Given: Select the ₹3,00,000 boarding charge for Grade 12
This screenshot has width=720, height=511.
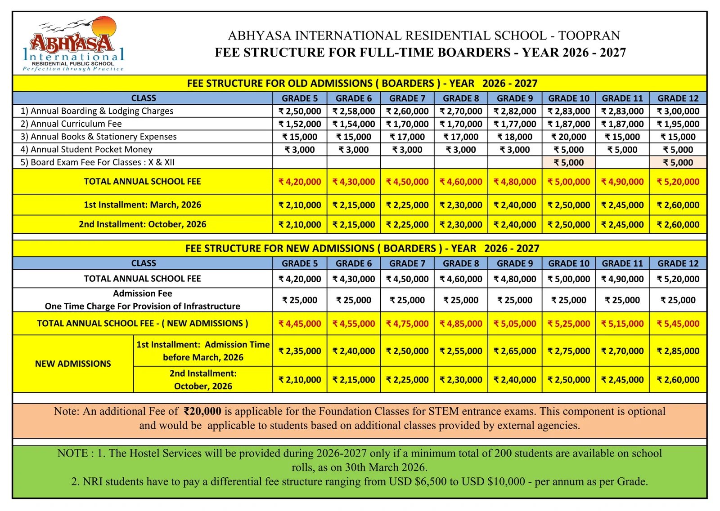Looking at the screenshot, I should (x=678, y=111).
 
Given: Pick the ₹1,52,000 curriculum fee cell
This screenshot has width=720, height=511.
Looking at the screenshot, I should (x=300, y=124).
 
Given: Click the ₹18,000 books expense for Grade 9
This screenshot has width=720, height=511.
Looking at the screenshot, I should (x=515, y=137).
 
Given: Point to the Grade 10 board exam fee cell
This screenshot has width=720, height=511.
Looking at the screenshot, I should (x=569, y=162).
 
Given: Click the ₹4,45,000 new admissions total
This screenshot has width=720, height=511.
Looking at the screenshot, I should (x=300, y=324).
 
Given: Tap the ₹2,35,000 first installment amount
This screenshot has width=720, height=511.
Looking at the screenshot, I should (x=300, y=351).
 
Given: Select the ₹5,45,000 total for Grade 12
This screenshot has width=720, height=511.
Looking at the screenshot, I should (x=678, y=324).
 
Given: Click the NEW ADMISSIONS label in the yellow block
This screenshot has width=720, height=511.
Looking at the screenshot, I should (x=73, y=364).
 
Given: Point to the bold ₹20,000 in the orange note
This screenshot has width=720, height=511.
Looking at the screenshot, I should (x=202, y=411).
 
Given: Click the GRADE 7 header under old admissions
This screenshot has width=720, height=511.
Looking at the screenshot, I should (x=407, y=98).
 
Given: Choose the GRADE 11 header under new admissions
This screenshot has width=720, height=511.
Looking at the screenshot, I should (x=622, y=263).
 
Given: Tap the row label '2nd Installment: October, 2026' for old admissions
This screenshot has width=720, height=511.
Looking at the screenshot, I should (x=143, y=224).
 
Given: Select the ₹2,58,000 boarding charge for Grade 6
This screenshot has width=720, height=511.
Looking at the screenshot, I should (x=354, y=111).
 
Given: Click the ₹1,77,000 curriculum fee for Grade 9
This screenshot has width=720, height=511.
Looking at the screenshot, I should (x=515, y=124).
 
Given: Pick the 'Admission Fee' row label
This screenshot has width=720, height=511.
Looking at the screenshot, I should (x=143, y=293).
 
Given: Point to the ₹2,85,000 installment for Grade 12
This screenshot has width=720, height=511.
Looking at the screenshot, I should (x=678, y=351).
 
